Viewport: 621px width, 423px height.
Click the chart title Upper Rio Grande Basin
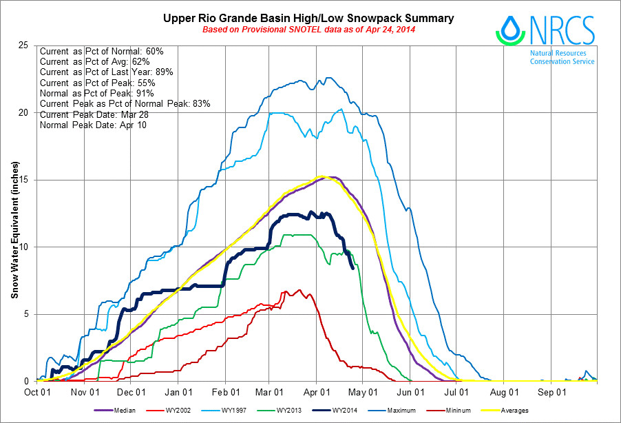308,18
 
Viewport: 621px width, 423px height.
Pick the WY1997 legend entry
252,411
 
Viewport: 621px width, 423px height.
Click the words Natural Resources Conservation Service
562,56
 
